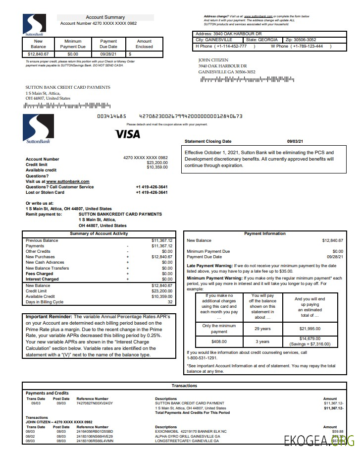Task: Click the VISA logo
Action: click(127, 134)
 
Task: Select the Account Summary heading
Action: click(105, 17)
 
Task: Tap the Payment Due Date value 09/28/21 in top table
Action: click(108, 54)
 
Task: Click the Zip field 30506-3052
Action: click(301, 40)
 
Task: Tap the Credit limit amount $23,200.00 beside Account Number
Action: click(157, 163)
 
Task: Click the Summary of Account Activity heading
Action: click(99, 233)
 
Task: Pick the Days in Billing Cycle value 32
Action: click(170, 302)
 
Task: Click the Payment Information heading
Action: click(264, 233)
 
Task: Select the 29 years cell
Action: click(262, 329)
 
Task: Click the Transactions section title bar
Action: click(184, 385)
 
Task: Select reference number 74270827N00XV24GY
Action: click(95, 403)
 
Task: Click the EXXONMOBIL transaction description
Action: click(191, 431)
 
